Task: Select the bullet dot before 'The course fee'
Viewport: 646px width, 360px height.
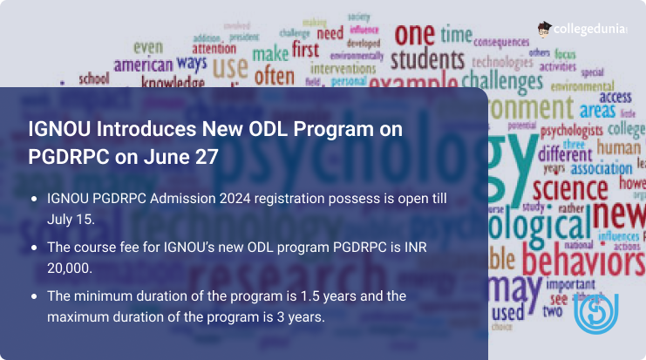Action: coord(33,248)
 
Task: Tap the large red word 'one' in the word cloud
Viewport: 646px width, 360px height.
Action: coord(414,34)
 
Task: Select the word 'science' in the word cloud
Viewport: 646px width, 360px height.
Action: coord(569,187)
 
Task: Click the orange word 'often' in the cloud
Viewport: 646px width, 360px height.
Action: coord(275,76)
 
